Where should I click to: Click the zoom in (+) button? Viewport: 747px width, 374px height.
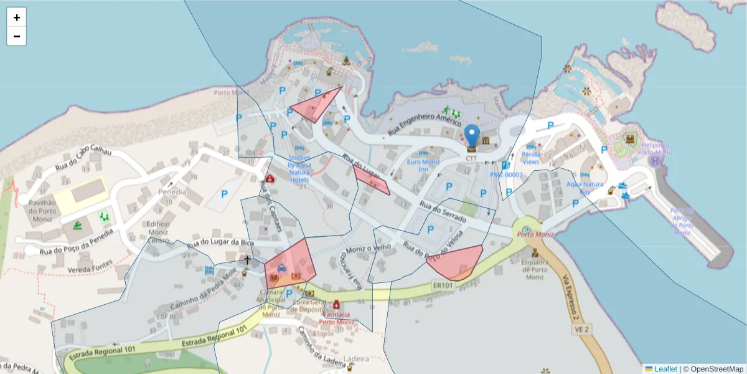17,17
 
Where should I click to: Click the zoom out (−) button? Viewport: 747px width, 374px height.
17,36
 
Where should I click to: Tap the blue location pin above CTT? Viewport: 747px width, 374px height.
472,135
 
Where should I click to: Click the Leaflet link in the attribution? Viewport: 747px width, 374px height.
665,369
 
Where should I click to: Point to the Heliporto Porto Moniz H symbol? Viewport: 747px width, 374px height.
655,161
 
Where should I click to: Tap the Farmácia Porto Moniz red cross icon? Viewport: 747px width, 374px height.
337,305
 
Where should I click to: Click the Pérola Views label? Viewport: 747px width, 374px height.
530,158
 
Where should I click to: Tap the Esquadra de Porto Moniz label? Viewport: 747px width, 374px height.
535,270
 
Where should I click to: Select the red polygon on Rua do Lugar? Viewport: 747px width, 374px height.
372,180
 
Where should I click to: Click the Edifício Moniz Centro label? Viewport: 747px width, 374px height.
157,233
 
